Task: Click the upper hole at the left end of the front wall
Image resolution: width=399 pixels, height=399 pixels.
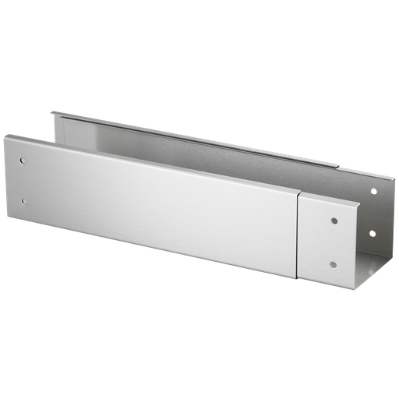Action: pos(23,162)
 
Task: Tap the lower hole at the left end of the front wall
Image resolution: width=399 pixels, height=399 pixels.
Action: pos(23,201)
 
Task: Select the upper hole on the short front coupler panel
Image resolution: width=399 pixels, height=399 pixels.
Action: pos(334,221)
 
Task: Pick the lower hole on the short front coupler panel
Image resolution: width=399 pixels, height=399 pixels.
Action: pos(333,263)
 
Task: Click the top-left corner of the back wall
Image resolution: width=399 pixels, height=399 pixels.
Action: pos(52,111)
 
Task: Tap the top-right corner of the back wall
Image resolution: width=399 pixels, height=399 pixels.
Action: pos(390,176)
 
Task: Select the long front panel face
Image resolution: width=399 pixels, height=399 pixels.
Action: pos(156,203)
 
